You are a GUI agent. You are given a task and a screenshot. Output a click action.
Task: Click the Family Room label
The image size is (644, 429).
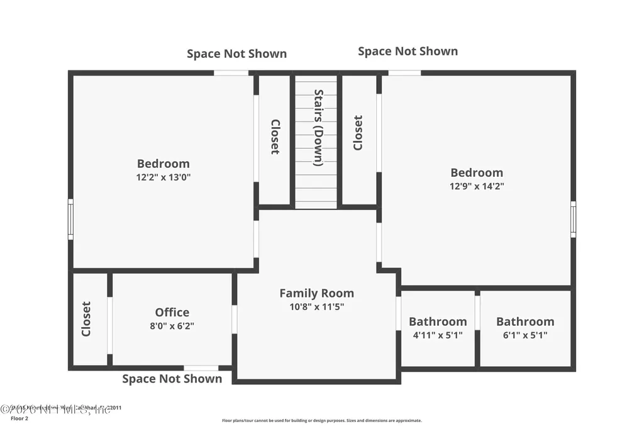click(316, 293)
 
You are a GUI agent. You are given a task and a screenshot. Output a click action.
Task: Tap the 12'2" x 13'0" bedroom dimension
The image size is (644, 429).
click(164, 177)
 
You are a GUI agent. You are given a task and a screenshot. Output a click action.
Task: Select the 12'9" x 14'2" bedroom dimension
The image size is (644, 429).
click(476, 186)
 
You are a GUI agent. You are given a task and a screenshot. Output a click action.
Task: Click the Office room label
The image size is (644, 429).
click(172, 313)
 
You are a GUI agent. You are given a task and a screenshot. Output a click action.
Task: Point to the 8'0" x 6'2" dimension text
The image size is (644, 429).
click(172, 326)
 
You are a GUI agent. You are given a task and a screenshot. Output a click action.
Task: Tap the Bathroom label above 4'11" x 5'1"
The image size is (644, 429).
click(438, 321)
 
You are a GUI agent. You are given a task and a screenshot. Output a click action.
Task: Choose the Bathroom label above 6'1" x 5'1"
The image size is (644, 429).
click(525, 321)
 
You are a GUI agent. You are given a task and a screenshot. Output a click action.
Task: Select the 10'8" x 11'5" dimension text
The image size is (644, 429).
click(316, 307)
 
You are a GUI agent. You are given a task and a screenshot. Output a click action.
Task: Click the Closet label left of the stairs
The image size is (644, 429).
click(275, 136)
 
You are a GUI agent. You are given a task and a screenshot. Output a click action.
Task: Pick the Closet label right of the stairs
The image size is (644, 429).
click(357, 133)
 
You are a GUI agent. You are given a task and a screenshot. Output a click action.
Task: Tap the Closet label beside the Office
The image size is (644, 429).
click(86, 319)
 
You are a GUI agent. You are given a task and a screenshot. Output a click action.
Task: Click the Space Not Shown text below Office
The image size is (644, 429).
click(172, 379)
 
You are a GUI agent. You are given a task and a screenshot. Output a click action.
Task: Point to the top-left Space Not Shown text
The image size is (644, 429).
click(236, 54)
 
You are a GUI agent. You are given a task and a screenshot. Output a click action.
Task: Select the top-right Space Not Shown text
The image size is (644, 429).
click(408, 52)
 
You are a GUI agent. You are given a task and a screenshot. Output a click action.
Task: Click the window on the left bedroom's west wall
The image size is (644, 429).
click(70, 220)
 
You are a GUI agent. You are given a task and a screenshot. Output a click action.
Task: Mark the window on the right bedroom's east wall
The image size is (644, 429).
click(573, 220)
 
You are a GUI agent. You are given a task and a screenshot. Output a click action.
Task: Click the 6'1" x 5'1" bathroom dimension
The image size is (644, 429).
click(525, 335)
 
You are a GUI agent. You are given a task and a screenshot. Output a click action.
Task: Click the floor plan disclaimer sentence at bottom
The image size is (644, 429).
click(321, 420)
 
